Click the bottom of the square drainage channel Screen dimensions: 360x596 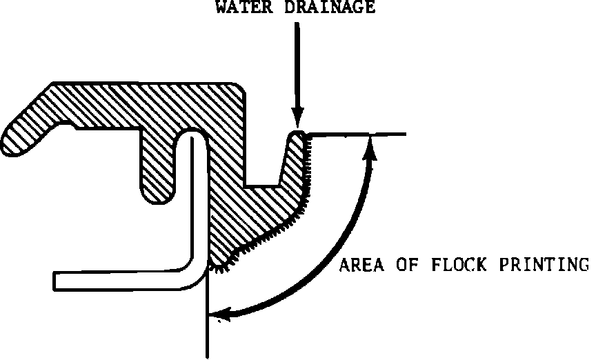(262, 186)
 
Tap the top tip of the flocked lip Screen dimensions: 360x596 (297, 133)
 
